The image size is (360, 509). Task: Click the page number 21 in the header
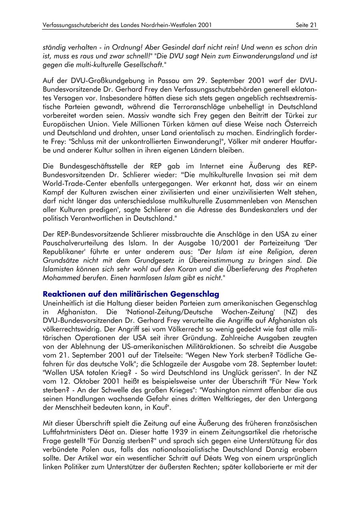pyautogui.click(x=313, y=25)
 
